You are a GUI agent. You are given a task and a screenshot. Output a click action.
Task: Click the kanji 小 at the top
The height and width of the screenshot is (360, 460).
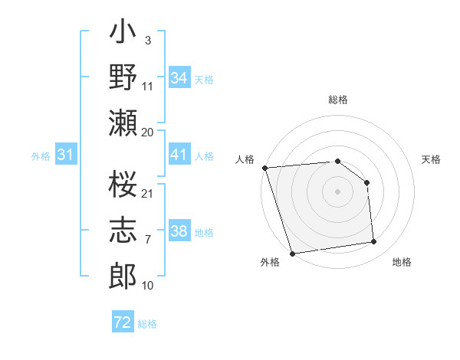coord(123,35)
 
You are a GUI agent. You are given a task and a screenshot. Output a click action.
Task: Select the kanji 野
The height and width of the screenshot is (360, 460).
coord(123,78)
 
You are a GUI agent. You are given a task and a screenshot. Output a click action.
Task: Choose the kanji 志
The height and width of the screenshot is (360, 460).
coord(123,231)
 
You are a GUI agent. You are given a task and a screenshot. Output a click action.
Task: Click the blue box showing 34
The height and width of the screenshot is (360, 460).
coord(179,78)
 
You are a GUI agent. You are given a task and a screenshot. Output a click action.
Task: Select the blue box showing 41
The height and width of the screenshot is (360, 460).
coord(179,155)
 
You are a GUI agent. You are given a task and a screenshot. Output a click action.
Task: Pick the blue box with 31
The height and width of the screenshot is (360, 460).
coord(66,155)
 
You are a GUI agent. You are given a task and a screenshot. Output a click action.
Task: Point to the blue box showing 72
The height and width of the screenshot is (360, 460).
coord(123,322)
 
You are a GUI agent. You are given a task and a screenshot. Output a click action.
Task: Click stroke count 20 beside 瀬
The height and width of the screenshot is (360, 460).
coord(148,132)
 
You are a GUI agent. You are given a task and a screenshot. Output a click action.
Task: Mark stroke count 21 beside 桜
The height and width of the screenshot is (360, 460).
coord(148,192)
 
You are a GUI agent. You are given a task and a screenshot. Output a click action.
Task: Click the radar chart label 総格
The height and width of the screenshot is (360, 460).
coord(337,100)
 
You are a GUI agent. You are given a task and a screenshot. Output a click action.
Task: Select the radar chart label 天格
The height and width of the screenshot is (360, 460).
coord(431,159)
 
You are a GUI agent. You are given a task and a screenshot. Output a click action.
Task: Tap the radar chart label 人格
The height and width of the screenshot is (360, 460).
coord(245,159)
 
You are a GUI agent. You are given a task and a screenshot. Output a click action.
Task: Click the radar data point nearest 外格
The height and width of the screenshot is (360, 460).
coord(292,254)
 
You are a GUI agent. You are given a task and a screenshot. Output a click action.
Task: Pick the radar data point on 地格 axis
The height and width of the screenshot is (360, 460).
coord(374,242)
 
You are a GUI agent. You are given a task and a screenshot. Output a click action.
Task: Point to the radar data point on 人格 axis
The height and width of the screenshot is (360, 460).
coord(264,168)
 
